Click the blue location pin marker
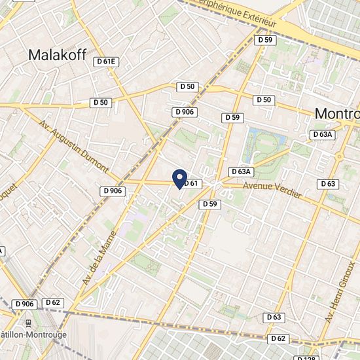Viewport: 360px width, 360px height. (x=179, y=178)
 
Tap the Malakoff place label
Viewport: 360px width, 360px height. (x=58, y=56)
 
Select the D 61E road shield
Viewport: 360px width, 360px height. (x=105, y=62)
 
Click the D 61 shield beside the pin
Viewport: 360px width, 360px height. (x=190, y=184)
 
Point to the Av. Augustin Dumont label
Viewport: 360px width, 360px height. (x=73, y=146)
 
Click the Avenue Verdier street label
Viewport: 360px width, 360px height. (x=272, y=190)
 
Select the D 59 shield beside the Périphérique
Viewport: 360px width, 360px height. (x=265, y=40)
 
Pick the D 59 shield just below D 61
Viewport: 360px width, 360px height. (x=209, y=204)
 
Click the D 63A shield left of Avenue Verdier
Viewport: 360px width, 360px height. (x=241, y=171)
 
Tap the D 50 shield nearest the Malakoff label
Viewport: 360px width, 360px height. (x=101, y=102)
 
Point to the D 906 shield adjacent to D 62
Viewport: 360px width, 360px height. (x=24, y=304)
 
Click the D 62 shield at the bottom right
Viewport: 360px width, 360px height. (x=278, y=338)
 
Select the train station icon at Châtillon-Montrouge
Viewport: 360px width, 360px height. (x=28, y=323)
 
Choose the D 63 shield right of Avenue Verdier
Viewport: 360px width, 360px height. (x=329, y=184)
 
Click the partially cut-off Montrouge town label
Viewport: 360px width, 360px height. (x=336, y=114)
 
